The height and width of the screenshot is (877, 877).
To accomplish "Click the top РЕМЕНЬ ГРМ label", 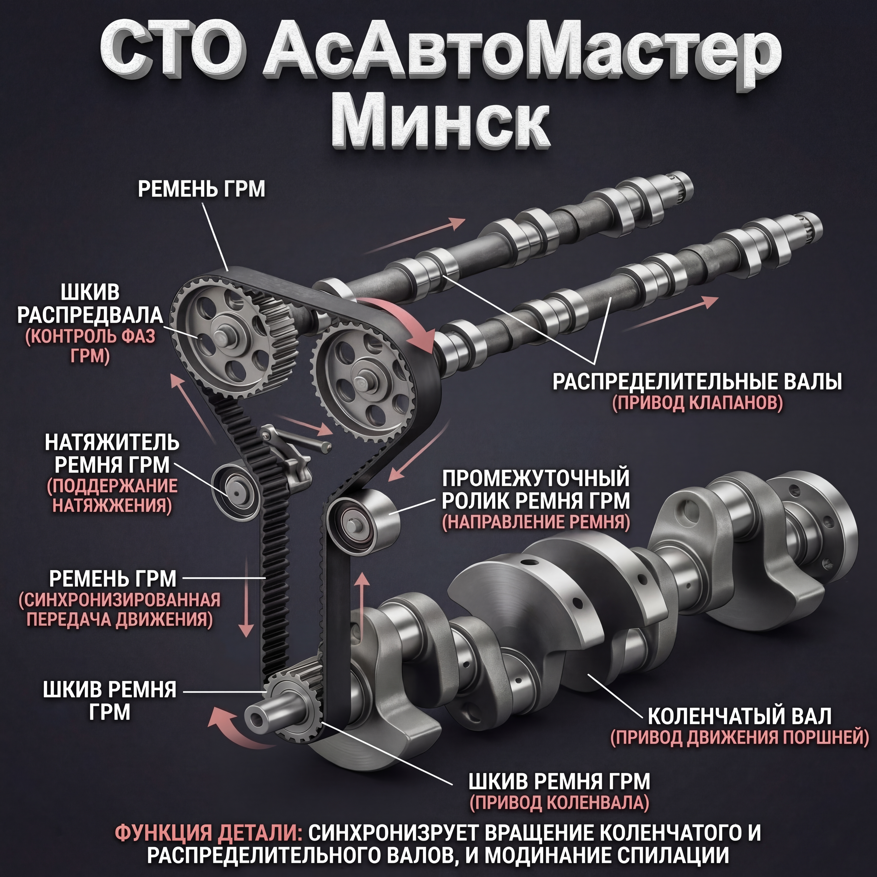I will [201, 189].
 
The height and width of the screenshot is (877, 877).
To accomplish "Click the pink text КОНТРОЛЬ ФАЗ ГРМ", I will [90, 346].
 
